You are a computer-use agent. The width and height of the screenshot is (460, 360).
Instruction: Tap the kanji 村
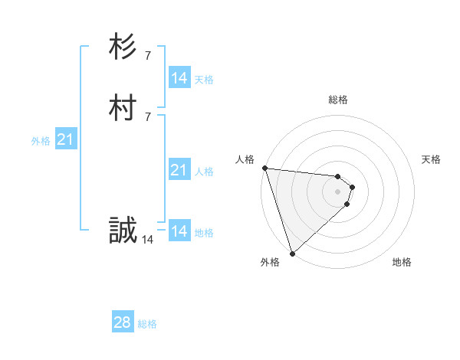pyautogui.click(x=122, y=108)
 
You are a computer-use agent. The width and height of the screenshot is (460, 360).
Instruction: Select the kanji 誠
pyautogui.click(x=122, y=231)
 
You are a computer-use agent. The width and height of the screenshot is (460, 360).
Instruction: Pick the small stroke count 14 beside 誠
pyautogui.click(x=148, y=240)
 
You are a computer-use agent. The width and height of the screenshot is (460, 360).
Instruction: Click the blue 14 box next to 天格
pyautogui.click(x=179, y=78)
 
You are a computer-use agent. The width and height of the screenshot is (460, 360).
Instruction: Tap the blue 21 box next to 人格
pyautogui.click(x=179, y=170)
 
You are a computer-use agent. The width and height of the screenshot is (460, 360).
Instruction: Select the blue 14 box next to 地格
pyautogui.click(x=179, y=231)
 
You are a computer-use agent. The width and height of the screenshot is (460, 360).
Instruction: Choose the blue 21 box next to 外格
pyautogui.click(x=66, y=139)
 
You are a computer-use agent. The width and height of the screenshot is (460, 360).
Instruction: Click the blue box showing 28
pyautogui.click(x=123, y=322)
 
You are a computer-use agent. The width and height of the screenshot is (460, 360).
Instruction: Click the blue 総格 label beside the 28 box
pyautogui.click(x=147, y=324)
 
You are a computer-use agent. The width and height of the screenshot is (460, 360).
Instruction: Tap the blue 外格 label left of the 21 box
pyautogui.click(x=41, y=141)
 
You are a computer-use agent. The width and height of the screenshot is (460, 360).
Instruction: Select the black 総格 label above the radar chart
pyautogui.click(x=337, y=100)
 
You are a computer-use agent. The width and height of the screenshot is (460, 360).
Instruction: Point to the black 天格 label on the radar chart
pyautogui.click(x=432, y=159)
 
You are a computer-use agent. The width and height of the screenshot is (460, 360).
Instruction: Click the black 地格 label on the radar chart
pyautogui.click(x=402, y=262)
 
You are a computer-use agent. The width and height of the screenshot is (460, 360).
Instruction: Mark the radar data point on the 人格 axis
pyautogui.click(x=264, y=168)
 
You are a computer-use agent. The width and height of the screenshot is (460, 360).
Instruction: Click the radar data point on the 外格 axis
pyautogui.click(x=292, y=253)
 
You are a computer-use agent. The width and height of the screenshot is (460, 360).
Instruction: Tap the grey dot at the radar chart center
pyautogui.click(x=337, y=191)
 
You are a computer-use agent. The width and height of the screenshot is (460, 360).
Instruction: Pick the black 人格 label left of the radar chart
pyautogui.click(x=245, y=159)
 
